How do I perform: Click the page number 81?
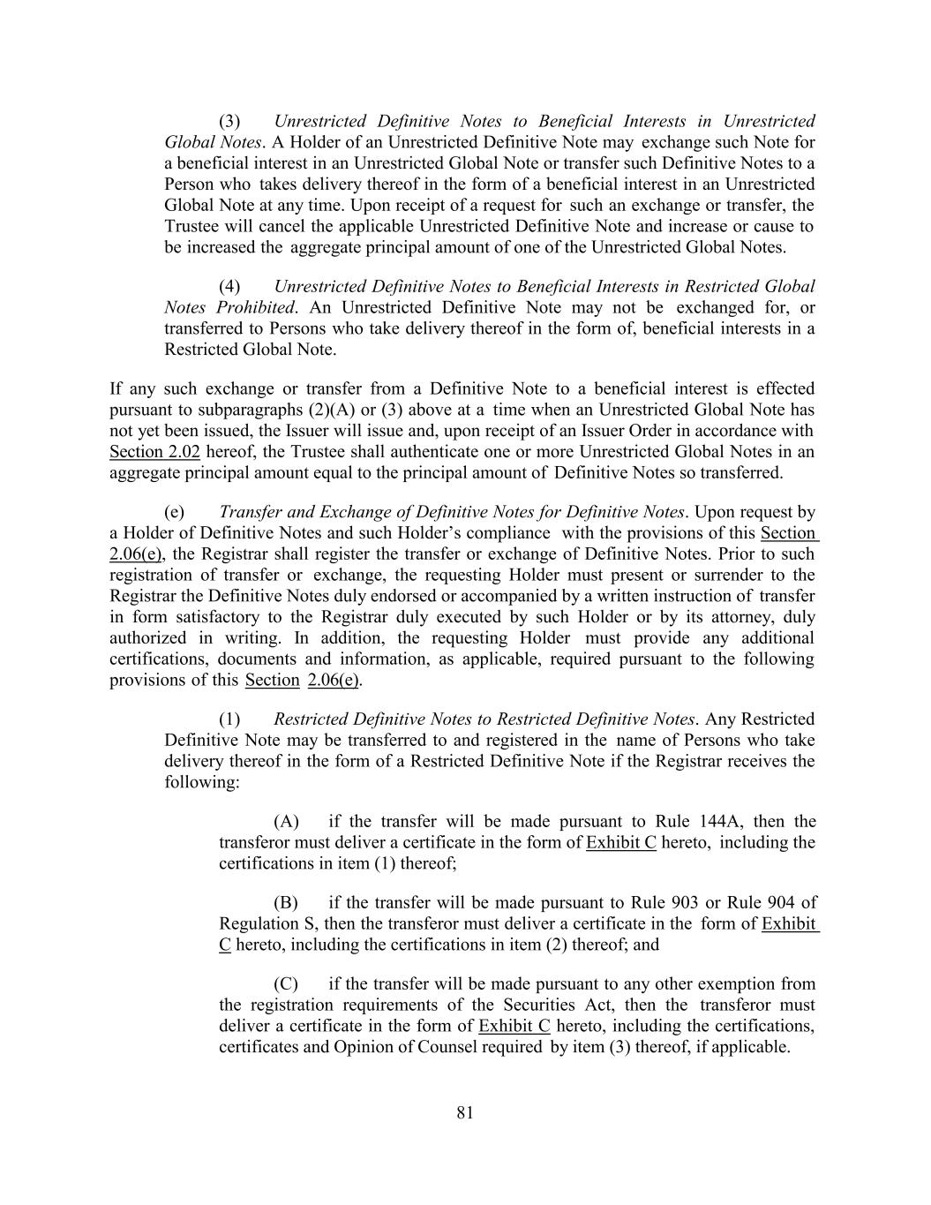coord(465,1113)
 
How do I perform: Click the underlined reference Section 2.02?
coord(154,452)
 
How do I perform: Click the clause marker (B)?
coord(286,903)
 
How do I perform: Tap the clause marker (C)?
coord(286,984)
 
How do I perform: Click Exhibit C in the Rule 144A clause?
coord(621,843)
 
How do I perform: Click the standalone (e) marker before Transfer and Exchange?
coord(175,513)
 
